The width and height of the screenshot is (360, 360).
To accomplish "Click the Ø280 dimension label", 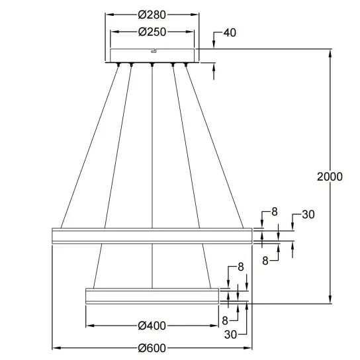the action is click(152, 15).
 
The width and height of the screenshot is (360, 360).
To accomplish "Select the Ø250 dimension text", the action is click(152, 32).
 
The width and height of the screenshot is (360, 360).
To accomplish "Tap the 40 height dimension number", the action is click(230, 32).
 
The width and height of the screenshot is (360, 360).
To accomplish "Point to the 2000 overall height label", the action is click(330, 177).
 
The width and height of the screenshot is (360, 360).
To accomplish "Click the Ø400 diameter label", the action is click(152, 326).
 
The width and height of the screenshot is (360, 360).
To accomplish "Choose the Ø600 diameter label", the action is click(152, 348).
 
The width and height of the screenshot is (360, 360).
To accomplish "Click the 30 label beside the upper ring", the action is click(308, 214).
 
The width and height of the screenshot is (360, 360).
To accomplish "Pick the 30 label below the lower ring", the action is click(230, 334).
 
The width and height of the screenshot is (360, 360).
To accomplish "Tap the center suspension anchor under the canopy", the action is click(152, 64).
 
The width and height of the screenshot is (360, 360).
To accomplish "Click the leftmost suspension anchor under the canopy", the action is click(118, 64).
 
